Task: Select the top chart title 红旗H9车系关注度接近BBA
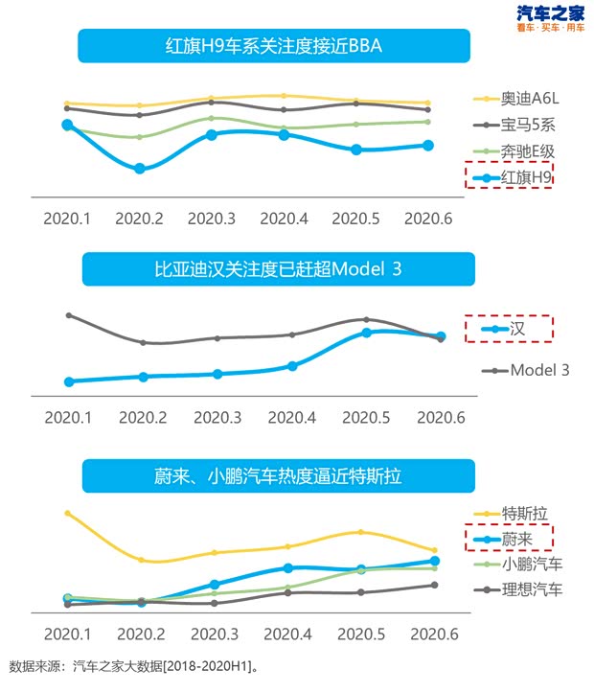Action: coord(274,46)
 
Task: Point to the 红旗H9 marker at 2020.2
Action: coord(140,169)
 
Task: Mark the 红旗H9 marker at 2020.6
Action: coord(428,146)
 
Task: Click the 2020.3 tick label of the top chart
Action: coord(212,219)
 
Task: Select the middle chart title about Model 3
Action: coord(278,269)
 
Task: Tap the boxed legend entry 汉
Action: coord(509,329)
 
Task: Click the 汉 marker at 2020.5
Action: coord(367,333)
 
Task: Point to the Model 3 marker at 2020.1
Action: coord(68,315)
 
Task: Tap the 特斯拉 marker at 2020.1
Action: coord(67,513)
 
